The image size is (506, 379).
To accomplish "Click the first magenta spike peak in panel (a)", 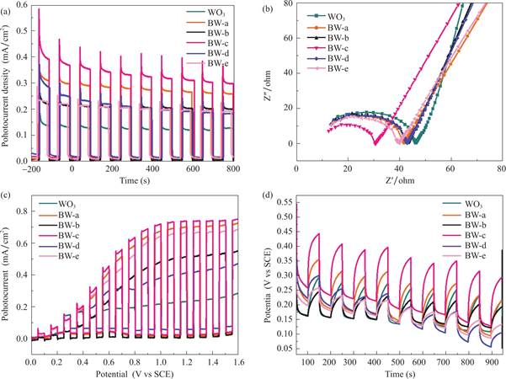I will [39, 9].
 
